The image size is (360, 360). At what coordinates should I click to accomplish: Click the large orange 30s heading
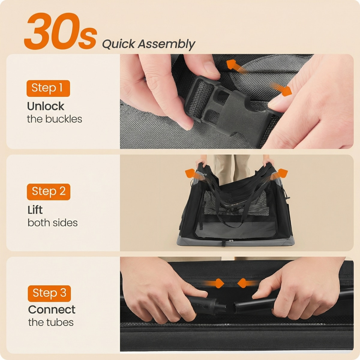[x=61, y=31]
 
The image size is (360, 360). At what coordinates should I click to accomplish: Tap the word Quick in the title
[x=118, y=44]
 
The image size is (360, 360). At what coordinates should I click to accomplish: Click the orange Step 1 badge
[x=48, y=88]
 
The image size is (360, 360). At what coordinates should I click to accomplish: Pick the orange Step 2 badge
[x=49, y=192]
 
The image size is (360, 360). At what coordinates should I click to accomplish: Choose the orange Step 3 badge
[x=49, y=293]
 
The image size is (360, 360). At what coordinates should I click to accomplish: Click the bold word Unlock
[x=46, y=106]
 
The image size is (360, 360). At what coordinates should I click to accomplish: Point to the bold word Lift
[x=35, y=210]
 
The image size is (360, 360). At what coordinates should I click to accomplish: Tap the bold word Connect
[x=52, y=310]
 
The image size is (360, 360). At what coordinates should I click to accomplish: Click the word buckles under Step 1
[x=64, y=119]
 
